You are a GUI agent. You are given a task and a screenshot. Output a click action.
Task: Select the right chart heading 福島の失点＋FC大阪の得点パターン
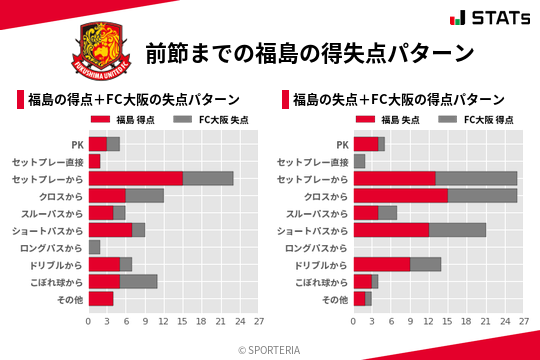(399, 100)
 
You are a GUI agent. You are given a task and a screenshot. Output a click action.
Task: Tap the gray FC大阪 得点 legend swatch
(449, 119)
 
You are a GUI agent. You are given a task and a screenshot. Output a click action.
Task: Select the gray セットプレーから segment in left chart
(208, 178)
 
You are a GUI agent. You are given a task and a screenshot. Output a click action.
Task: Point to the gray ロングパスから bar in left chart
(94, 246)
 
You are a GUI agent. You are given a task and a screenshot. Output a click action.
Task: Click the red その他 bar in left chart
(100, 298)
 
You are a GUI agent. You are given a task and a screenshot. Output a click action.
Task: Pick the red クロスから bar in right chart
(400, 195)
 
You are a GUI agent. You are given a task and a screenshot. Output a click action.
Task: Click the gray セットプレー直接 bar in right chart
(359, 161)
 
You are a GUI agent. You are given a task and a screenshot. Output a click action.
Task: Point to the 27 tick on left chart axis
(259, 321)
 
